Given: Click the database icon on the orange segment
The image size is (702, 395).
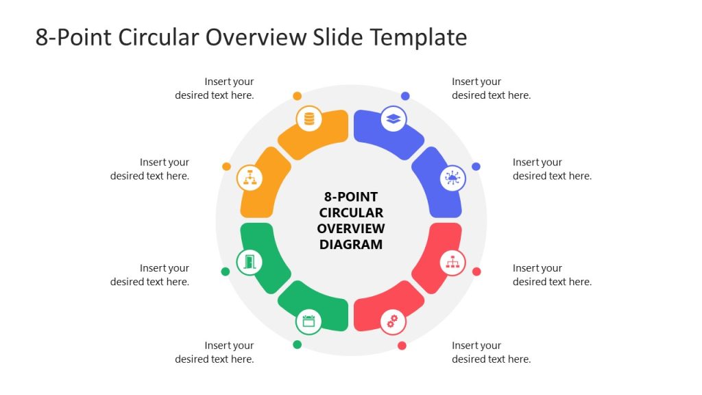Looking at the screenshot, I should [309, 119].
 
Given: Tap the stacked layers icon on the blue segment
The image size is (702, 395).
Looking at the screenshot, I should [393, 119].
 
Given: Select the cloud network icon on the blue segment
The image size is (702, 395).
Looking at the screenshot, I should [452, 178].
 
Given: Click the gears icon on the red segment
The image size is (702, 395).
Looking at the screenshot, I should [393, 321].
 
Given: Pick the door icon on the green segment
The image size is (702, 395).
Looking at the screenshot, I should [250, 261].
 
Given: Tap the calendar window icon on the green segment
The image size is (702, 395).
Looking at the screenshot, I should [308, 321].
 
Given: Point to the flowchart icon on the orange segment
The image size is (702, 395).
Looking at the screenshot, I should [250, 178].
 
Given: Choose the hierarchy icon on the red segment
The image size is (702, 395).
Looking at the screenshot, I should [452, 261].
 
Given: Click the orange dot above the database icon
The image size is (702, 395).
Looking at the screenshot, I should [297, 96].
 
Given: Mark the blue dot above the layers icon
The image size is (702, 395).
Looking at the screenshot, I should [405, 96].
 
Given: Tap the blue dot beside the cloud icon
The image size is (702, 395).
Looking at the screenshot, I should [476, 167].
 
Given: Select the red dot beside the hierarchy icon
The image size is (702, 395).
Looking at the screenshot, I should [476, 272].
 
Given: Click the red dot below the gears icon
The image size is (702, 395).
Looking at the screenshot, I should [402, 346].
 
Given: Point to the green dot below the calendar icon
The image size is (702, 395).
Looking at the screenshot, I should [297, 344].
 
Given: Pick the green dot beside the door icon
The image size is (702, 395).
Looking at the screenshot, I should [226, 272].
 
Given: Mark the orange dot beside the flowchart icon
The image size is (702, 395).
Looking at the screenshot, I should [226, 167].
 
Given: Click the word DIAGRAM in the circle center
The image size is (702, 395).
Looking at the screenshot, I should [351, 244].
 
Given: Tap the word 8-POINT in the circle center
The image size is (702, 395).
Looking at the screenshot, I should [351, 197].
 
